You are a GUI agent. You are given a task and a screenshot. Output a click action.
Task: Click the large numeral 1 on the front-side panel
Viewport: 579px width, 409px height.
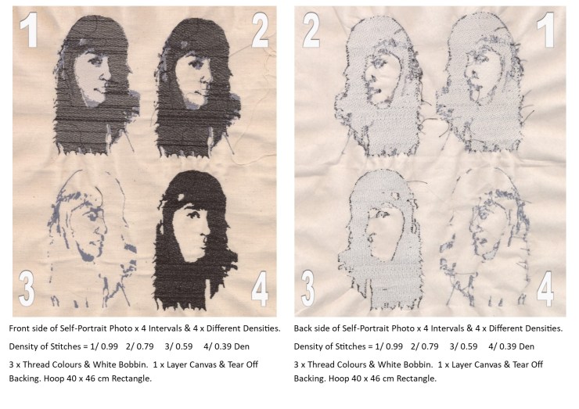click(29, 30)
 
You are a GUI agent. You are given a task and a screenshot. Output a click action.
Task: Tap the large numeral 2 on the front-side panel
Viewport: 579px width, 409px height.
click(260, 30)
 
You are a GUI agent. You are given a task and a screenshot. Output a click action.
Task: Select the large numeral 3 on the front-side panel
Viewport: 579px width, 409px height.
click(27, 289)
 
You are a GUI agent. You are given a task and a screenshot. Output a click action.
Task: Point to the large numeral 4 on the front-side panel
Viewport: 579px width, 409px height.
click(260, 289)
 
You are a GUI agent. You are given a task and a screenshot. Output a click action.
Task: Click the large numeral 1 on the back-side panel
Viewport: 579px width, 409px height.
click(546, 30)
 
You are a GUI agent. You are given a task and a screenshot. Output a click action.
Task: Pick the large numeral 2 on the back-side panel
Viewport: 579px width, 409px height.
click(311, 30)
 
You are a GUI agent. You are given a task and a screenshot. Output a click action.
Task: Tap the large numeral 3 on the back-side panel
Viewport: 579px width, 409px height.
click(308, 289)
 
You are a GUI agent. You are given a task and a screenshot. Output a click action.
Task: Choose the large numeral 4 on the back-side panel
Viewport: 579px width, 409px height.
click(545, 289)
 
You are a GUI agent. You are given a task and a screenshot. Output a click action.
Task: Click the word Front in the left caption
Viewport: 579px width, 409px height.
click(19, 328)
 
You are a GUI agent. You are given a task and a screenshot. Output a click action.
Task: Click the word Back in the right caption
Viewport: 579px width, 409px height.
click(302, 328)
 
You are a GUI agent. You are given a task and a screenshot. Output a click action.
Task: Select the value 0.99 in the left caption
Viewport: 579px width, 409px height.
click(110, 346)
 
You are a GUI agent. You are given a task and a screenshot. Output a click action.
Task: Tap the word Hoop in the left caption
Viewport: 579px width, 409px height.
click(52, 379)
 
